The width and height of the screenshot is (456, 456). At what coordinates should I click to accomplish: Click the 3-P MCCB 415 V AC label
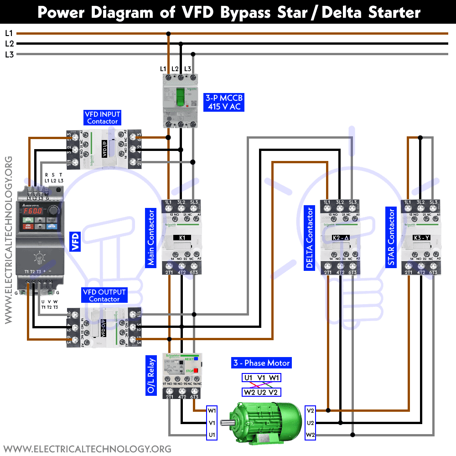point(224,102)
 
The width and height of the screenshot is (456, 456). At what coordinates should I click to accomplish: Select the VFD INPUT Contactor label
point(103,118)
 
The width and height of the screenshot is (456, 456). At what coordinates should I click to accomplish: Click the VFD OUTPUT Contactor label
point(104,295)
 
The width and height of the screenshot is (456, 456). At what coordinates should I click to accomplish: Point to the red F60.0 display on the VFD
point(31,211)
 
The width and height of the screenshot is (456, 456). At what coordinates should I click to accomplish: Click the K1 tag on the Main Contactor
point(182,238)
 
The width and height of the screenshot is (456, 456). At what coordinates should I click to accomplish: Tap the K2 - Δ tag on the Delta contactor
point(340,238)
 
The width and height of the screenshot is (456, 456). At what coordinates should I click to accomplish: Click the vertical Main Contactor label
point(151,238)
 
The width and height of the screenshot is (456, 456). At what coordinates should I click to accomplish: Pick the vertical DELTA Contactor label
point(310,238)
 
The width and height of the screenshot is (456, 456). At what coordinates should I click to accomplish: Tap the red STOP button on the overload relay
point(196,371)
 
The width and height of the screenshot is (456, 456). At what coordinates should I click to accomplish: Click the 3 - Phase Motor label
point(261,363)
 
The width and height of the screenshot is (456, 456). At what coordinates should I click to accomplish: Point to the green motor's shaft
point(226,422)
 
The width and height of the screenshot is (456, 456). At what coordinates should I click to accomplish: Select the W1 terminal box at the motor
point(212,410)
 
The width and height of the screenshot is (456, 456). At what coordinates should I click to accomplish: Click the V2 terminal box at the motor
point(311,410)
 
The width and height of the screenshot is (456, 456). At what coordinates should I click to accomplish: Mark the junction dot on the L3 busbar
point(193,54)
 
